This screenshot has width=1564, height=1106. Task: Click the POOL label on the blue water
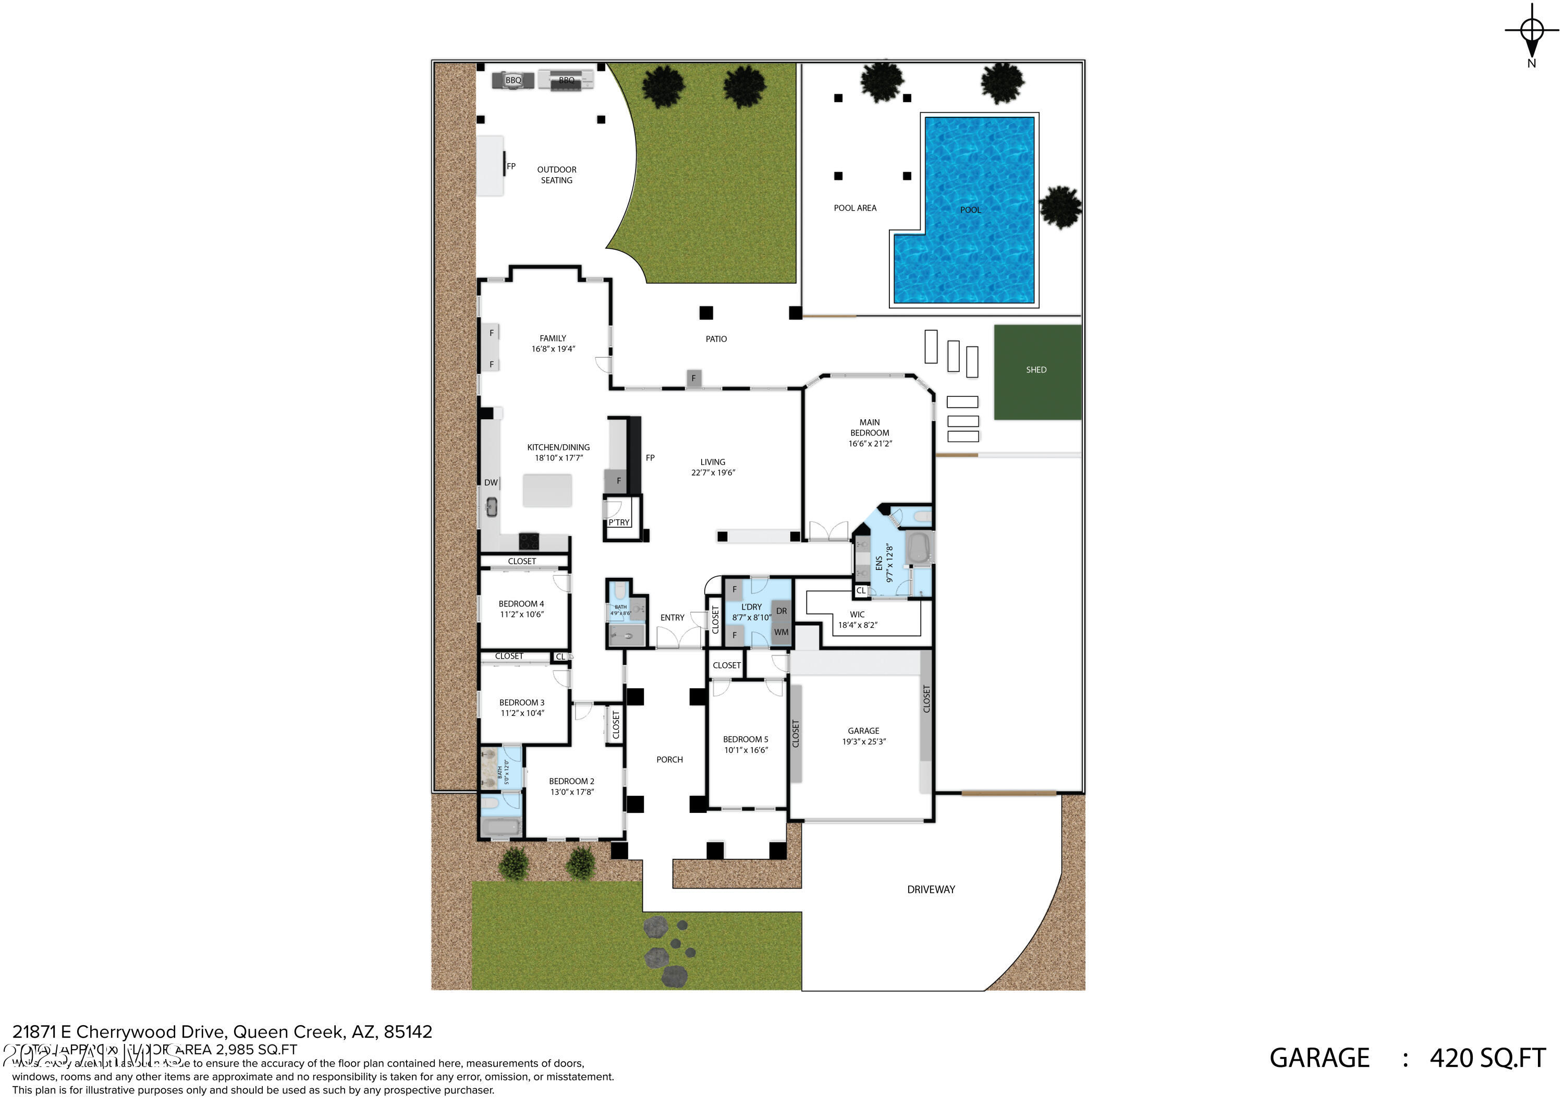[x=970, y=210]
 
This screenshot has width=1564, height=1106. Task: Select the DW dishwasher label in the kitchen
[x=491, y=482]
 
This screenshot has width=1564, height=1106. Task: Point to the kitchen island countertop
[x=547, y=491]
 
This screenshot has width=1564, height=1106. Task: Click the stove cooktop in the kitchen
[x=529, y=542]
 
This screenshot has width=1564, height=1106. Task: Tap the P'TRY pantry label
[x=619, y=522]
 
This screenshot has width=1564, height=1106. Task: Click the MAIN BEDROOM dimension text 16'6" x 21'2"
[x=870, y=444]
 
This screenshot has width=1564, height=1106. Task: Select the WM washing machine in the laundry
[x=781, y=633]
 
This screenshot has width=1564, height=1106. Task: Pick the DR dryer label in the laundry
[x=781, y=611]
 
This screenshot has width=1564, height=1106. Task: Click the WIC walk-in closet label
[x=857, y=615]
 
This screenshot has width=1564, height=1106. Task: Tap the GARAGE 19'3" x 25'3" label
[x=864, y=736]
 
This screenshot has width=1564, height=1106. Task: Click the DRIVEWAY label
[x=931, y=889]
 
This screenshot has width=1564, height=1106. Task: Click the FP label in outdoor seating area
[x=511, y=166]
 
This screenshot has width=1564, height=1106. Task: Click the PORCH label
[x=669, y=759]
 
